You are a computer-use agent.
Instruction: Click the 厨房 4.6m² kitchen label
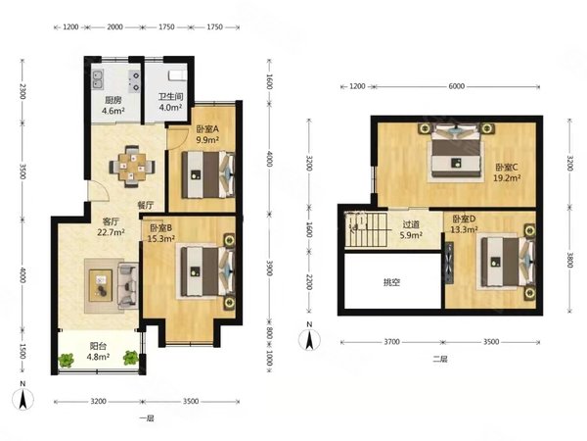(x=113, y=106)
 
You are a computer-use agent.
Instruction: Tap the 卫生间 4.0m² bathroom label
(x=170, y=102)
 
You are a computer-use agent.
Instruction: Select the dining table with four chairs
(x=132, y=167)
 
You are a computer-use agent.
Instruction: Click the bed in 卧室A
(x=208, y=174)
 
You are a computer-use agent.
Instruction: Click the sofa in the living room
(x=128, y=286)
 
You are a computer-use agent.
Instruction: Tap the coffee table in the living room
(x=101, y=285)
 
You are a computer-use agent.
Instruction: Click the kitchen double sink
(x=98, y=80)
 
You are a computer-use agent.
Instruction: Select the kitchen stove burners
(x=134, y=81)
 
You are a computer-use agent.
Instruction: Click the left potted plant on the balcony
(x=67, y=360)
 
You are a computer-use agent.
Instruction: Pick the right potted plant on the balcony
(x=131, y=358)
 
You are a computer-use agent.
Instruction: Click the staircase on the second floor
(x=365, y=229)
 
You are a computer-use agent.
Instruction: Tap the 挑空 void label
(x=391, y=282)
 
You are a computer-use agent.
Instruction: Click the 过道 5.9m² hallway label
(x=411, y=229)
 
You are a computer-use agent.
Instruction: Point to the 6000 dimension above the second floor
(x=456, y=86)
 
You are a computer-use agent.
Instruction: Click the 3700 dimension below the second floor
(x=391, y=342)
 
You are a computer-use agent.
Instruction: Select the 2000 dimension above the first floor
(x=114, y=26)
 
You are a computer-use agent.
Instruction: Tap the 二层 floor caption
(x=440, y=359)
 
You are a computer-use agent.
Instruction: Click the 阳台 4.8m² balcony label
(x=98, y=351)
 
